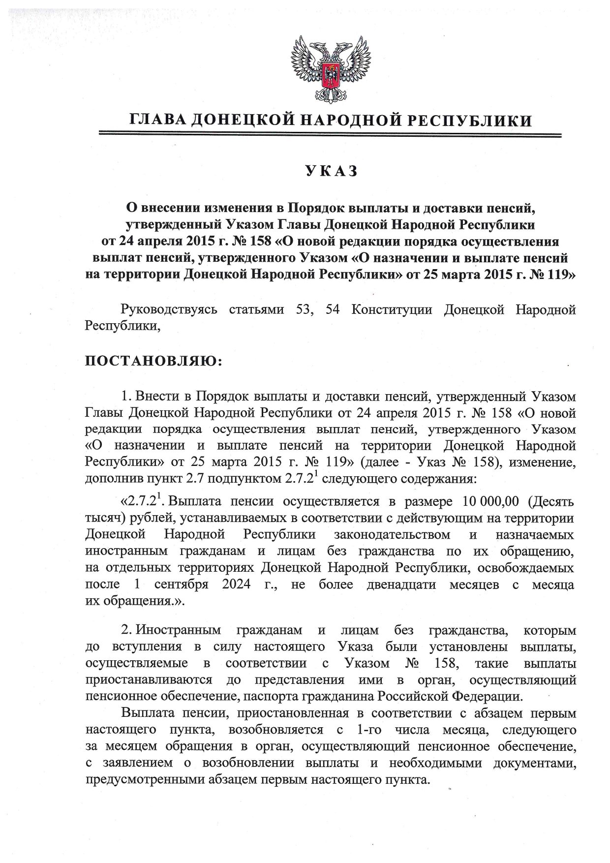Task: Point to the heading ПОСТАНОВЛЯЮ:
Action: click(x=154, y=362)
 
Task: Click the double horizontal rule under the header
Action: click(x=330, y=134)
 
